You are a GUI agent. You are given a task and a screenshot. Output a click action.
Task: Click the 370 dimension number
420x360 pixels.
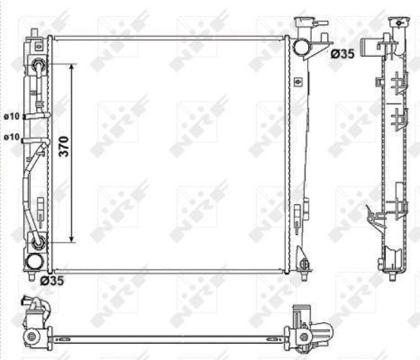point(64,146)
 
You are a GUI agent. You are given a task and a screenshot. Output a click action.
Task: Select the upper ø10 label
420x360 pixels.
point(12,117)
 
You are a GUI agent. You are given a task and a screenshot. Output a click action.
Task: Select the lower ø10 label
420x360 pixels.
point(12,137)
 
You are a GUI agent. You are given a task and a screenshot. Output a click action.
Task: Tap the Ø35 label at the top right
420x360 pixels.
point(343,54)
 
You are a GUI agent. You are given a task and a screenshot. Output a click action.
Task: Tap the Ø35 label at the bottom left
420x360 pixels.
point(52,281)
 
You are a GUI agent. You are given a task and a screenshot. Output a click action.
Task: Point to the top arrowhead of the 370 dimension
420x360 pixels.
point(71,67)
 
